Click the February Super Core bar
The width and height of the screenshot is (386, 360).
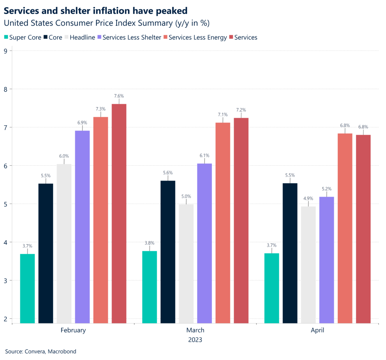(x=27, y=288)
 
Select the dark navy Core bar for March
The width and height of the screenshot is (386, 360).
(x=168, y=252)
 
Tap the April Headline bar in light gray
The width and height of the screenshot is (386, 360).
(x=308, y=265)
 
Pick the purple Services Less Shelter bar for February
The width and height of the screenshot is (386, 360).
(x=82, y=227)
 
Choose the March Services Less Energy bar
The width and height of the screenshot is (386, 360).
(x=223, y=223)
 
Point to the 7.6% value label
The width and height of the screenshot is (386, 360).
(x=119, y=96)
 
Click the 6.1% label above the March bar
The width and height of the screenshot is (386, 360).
(x=204, y=155)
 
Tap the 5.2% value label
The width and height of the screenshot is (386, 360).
(x=326, y=189)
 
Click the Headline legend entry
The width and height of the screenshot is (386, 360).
(x=81, y=37)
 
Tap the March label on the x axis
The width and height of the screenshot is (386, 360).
(x=195, y=330)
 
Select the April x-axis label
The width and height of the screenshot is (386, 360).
(x=317, y=330)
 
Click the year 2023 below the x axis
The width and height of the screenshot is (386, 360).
(x=195, y=340)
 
